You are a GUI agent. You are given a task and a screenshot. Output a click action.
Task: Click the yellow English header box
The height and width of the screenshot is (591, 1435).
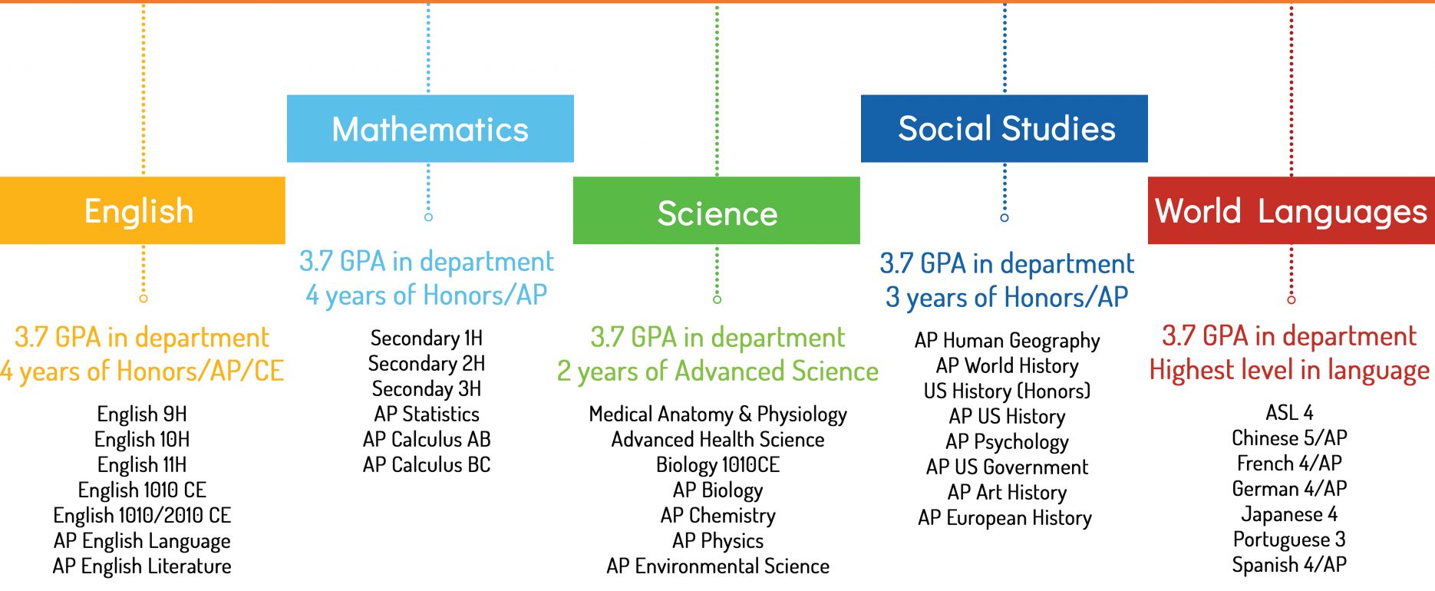click(142, 210)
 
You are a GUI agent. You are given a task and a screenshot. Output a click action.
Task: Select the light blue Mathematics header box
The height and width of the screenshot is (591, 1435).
click(430, 129)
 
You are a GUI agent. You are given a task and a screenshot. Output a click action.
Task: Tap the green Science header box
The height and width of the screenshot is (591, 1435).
click(717, 210)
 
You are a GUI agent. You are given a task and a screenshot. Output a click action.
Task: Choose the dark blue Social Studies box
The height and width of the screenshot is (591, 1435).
click(1004, 129)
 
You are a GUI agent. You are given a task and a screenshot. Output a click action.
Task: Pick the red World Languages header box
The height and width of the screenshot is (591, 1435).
click(1291, 210)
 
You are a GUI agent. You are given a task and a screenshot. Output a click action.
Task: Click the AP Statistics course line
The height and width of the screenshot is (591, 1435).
click(427, 414)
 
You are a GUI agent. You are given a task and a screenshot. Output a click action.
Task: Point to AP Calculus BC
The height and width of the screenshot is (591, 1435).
click(427, 465)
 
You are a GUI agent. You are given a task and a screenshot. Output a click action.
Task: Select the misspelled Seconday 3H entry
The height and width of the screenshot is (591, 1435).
click(427, 389)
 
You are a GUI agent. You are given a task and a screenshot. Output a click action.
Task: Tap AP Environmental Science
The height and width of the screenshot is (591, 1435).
click(717, 566)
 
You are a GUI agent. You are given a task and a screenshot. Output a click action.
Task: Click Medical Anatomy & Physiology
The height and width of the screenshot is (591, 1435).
click(717, 414)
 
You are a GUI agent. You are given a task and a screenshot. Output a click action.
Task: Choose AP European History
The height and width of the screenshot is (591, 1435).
click(1004, 518)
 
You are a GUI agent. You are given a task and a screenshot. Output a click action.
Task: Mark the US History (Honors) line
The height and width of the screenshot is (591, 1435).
click(1007, 391)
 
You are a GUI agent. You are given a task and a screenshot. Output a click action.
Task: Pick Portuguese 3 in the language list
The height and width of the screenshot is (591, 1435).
click(1289, 540)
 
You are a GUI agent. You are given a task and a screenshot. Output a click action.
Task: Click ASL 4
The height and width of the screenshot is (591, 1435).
click(1289, 413)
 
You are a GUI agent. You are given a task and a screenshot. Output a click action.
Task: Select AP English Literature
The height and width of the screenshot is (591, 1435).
click(142, 566)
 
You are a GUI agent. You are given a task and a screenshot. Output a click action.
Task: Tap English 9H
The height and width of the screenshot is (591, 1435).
click(142, 414)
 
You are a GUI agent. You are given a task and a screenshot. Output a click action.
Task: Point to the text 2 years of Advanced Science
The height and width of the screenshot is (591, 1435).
click(717, 371)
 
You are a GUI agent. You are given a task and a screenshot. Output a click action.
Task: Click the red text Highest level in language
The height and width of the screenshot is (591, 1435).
click(1289, 370)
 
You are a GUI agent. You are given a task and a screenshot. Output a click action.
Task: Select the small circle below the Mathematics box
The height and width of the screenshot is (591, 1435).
click(428, 217)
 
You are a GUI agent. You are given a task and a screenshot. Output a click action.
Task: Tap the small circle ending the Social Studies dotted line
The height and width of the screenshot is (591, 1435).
click(1004, 218)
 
